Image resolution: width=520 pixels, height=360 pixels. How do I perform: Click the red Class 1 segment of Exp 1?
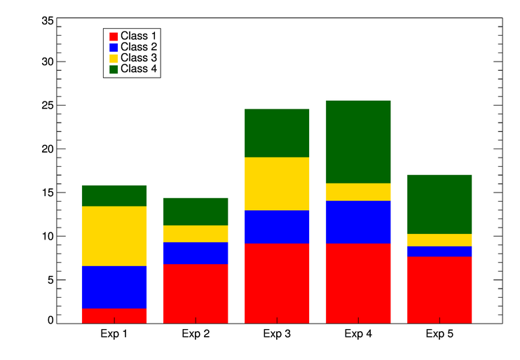click(114, 315)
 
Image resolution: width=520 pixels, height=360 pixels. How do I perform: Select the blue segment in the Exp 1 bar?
click(114, 287)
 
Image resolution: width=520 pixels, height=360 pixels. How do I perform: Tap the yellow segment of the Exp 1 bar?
click(114, 236)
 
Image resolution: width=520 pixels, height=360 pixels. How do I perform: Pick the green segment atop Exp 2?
click(196, 212)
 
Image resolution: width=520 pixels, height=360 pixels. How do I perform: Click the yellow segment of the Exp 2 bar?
click(196, 234)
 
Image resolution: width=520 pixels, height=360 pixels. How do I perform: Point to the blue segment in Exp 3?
click(277, 227)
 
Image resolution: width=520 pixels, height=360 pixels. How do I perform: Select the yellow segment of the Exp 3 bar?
click(277, 184)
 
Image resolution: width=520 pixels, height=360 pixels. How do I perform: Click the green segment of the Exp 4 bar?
click(358, 142)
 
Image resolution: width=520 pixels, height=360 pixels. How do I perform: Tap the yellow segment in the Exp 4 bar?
click(358, 192)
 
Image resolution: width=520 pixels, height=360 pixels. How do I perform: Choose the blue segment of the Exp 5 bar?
click(439, 251)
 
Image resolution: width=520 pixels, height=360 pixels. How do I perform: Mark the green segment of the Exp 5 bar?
click(439, 205)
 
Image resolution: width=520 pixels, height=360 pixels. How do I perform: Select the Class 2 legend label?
click(139, 47)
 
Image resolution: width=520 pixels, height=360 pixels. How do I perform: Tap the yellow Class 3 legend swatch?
click(113, 58)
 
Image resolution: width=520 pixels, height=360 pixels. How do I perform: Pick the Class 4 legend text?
click(139, 69)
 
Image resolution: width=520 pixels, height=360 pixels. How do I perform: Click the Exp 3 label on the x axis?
click(277, 334)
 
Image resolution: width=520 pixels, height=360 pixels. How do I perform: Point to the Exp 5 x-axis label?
click(439, 334)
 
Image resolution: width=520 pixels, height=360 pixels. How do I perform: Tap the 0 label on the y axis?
click(50, 321)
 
